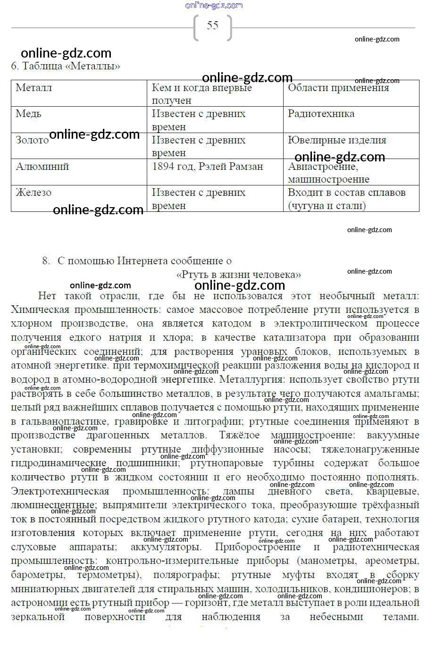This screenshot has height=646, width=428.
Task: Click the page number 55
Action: point(212,25)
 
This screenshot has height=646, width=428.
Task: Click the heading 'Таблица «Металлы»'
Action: point(71,66)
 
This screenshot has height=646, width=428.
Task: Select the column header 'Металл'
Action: point(34,88)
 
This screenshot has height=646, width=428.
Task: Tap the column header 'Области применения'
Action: point(338,88)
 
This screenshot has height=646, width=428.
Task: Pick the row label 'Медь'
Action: point(28,114)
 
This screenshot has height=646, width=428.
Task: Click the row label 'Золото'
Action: point(32,140)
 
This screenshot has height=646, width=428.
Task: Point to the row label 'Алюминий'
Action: point(42,167)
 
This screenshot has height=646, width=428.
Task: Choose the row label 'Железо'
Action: point(33,193)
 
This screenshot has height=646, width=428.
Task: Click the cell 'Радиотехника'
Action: point(321,114)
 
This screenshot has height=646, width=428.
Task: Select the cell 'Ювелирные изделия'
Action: point(337,140)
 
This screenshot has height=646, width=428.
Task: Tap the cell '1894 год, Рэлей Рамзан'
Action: point(207,167)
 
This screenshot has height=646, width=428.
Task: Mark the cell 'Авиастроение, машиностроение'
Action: point(328,173)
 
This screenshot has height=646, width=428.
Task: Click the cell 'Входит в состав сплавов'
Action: point(346,193)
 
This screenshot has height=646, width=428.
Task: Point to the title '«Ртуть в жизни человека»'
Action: point(238,275)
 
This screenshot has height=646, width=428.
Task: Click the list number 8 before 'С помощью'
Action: point(46,261)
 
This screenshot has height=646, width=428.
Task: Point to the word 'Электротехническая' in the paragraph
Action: point(60,491)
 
